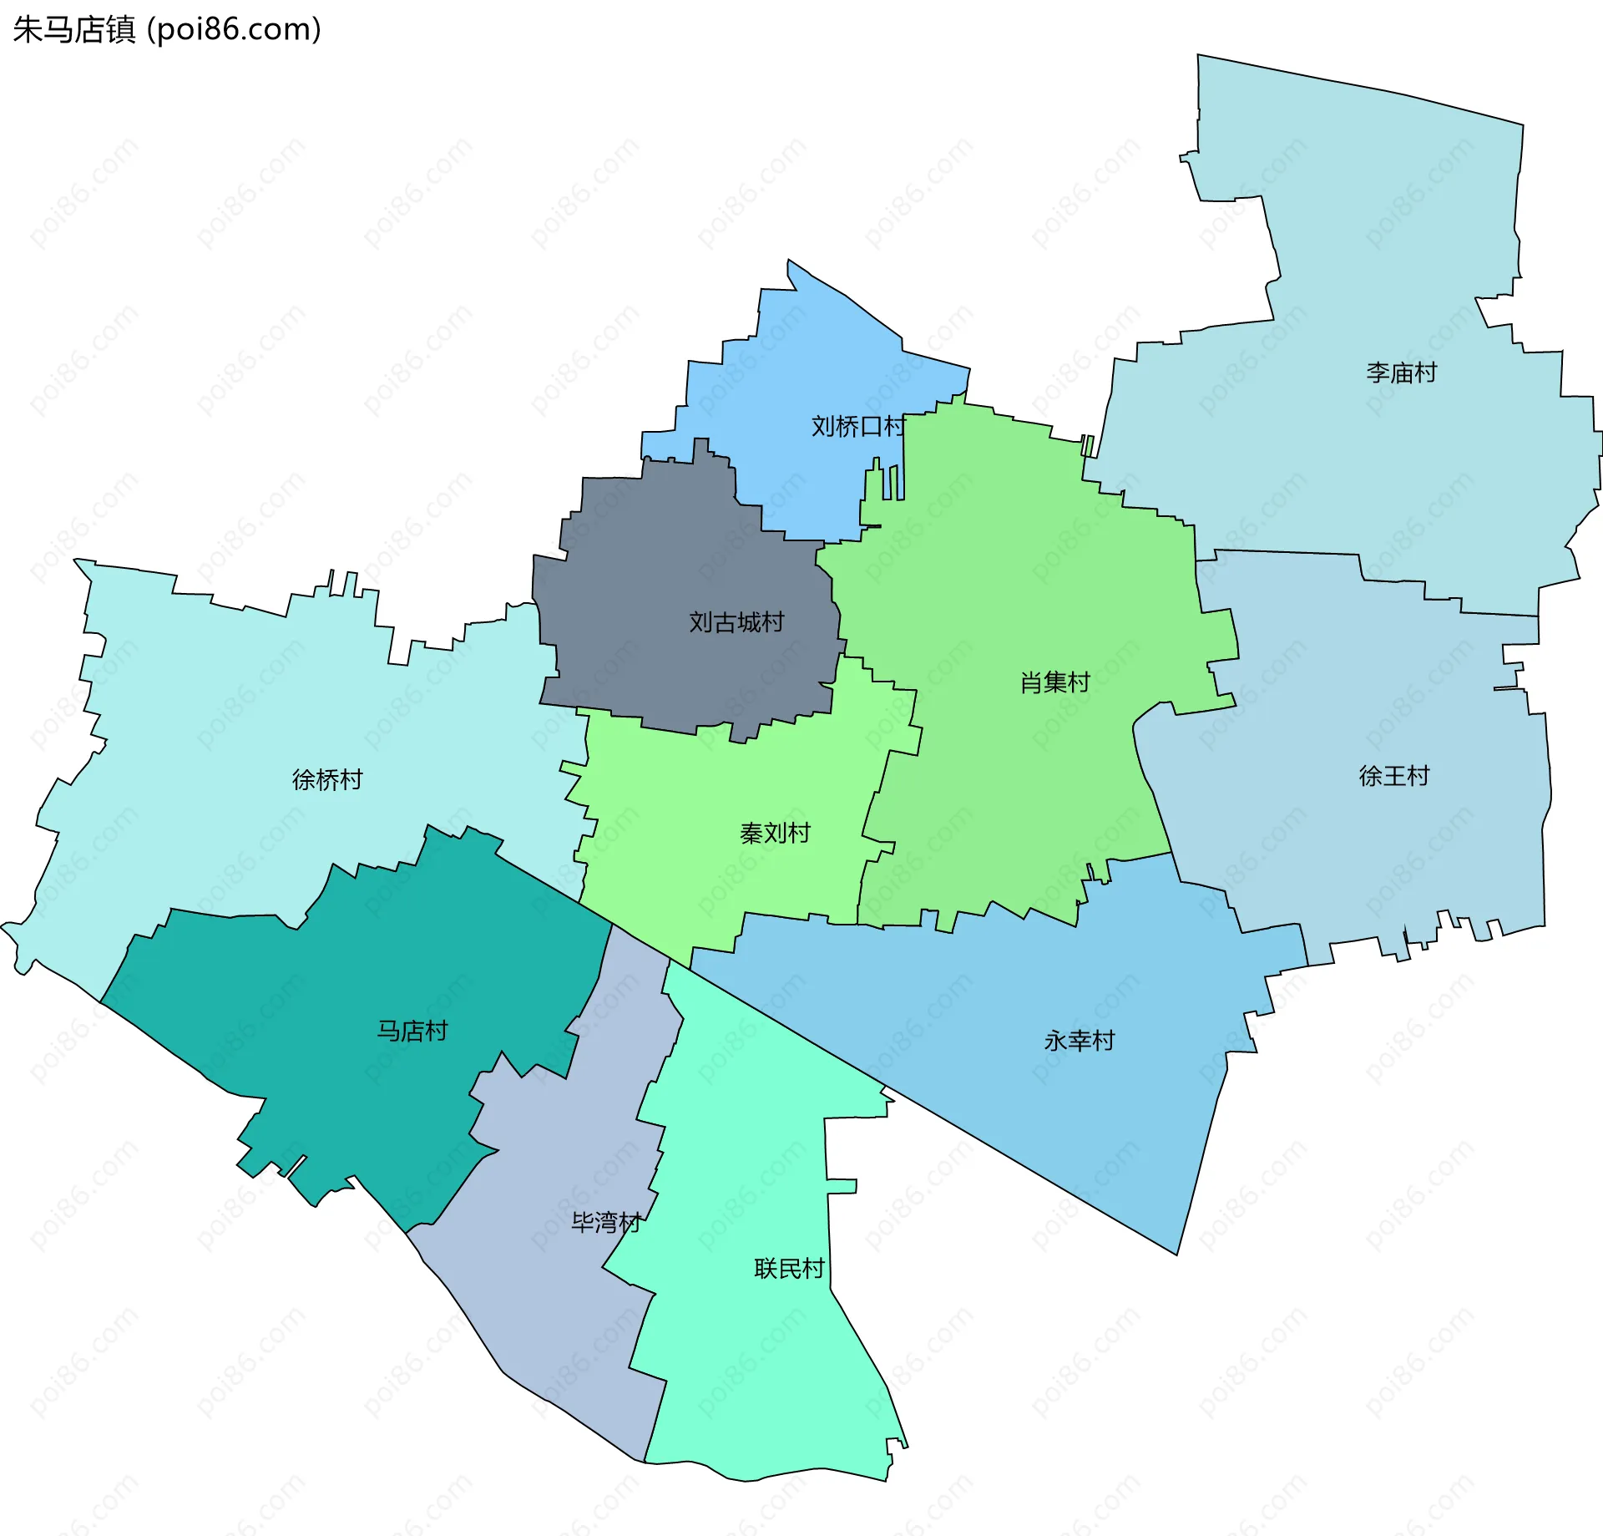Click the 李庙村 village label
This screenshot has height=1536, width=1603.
1401,373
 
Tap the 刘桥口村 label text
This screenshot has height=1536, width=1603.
857,427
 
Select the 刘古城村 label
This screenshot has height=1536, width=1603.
736,622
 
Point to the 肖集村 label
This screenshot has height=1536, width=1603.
1054,682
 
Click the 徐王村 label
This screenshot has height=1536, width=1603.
1393,776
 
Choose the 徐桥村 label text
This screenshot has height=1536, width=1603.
327,780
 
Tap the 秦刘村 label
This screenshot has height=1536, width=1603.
775,833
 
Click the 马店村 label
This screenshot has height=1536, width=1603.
412,1031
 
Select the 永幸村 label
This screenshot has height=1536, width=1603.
1079,1041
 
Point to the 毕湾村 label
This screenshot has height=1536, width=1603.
605,1223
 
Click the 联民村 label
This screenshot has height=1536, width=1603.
788,1269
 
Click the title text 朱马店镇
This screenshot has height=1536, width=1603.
73,29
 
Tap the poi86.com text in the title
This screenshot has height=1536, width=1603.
234,29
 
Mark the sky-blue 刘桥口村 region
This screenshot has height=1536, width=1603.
801,359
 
